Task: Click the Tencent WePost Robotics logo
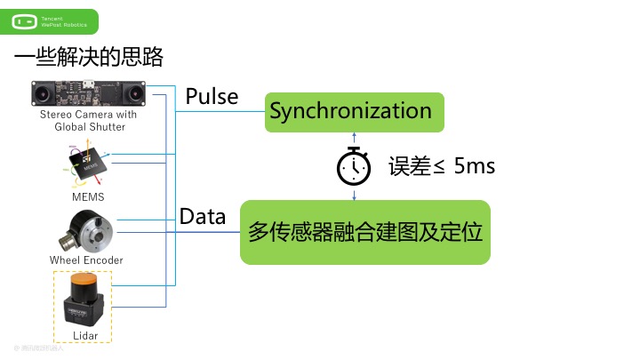tap(50, 21)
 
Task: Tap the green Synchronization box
tap(353, 112)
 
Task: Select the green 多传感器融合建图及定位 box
tap(364, 233)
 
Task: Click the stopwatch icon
tap(354, 165)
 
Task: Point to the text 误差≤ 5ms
tap(441, 166)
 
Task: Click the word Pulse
tap(212, 96)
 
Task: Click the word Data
tap(203, 216)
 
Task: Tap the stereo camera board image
tap(89, 92)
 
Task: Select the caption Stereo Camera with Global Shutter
tap(89, 121)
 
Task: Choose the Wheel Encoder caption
tap(86, 260)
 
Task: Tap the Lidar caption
tap(85, 335)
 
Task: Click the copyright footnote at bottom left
tap(39, 348)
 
